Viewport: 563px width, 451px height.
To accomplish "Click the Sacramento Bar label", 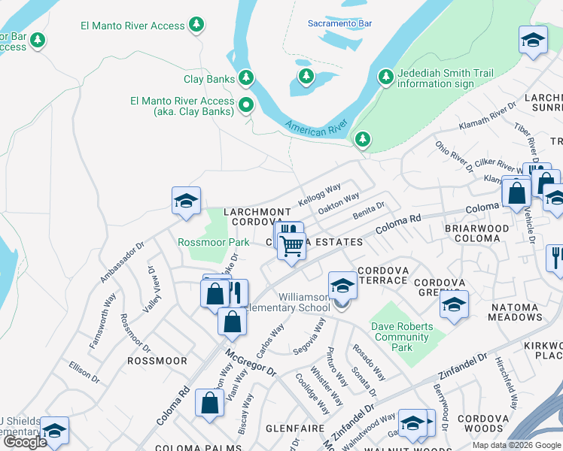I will pos(339,23).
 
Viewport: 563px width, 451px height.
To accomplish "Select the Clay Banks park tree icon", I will pos(245,77).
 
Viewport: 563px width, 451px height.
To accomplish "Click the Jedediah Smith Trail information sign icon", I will pos(385,77).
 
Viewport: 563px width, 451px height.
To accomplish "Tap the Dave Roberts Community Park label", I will pos(402,337).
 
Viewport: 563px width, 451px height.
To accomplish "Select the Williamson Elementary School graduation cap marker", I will pos(342,286).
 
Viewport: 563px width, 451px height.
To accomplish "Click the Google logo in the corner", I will pos(25,442).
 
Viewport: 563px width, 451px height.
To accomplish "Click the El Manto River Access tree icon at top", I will pos(196,26).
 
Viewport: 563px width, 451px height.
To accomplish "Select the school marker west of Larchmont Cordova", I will pos(186,201).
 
